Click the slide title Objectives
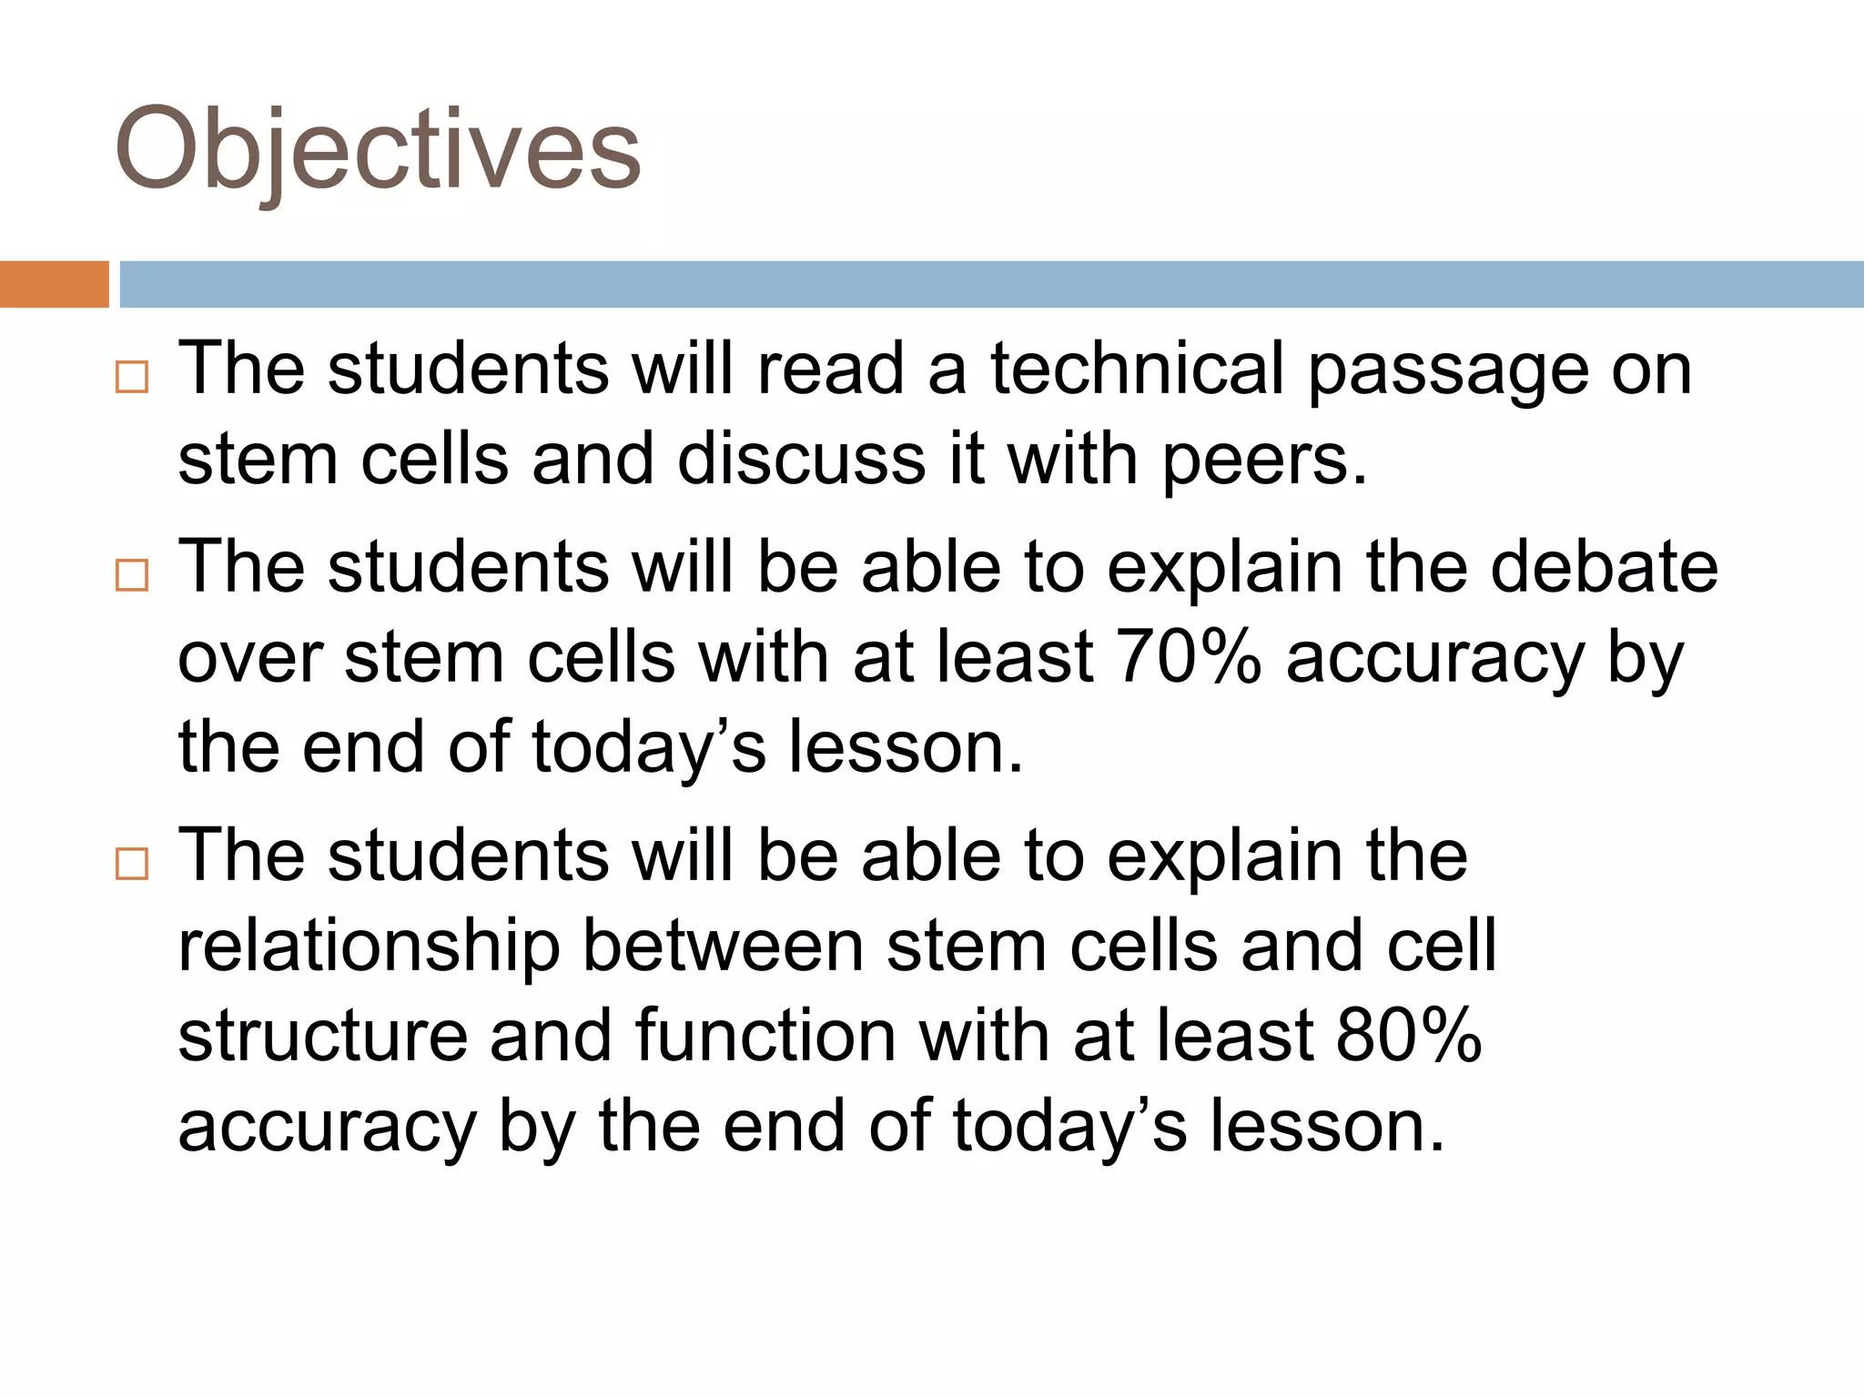(378, 150)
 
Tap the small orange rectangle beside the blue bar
(54, 284)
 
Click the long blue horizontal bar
(991, 284)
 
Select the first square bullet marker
(132, 377)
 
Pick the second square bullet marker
(132, 575)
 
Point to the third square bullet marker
(132, 864)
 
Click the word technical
(1137, 369)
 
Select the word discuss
(801, 459)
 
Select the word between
(723, 947)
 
